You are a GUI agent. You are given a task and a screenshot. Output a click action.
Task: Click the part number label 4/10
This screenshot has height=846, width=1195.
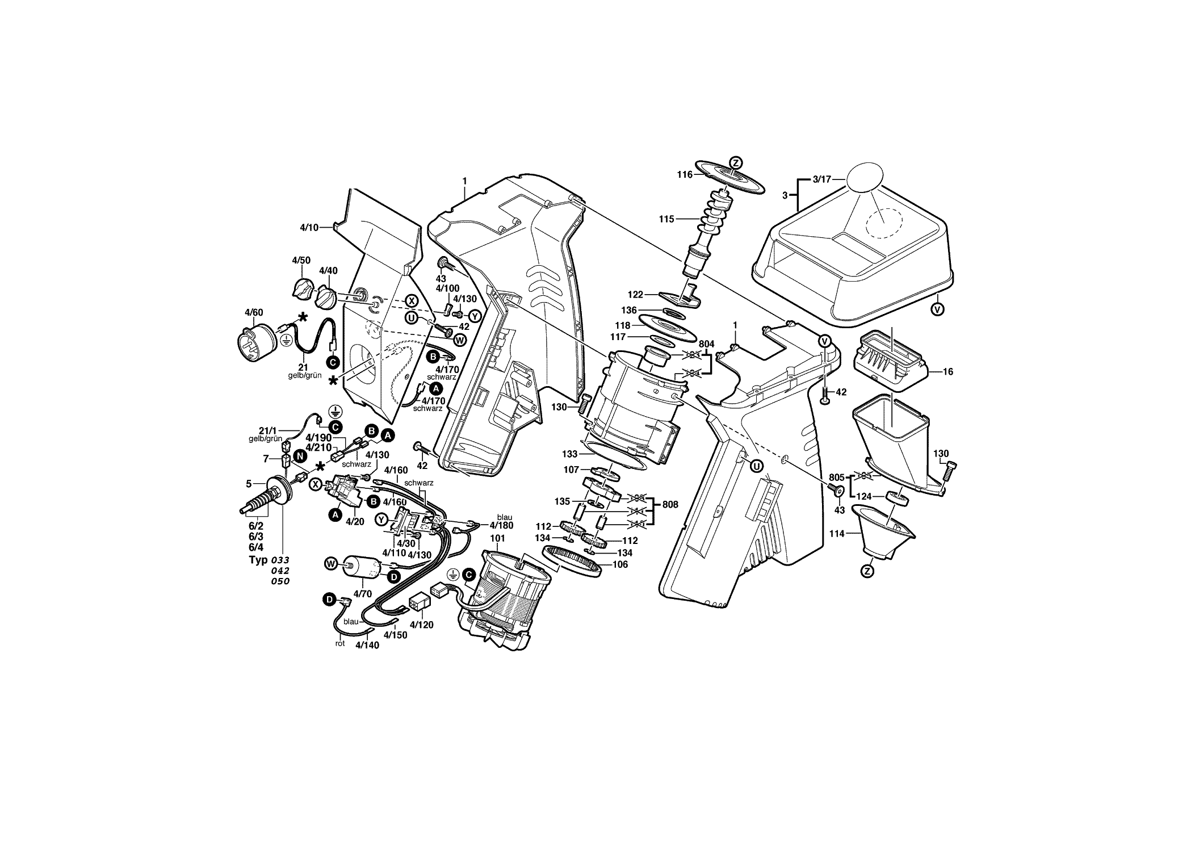pos(309,228)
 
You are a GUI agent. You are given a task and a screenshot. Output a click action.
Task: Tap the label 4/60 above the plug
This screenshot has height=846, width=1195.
pos(254,312)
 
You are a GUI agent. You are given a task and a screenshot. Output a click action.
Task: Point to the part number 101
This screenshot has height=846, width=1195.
pos(497,538)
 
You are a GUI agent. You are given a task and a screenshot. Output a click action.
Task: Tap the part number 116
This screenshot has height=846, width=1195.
pos(685,175)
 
